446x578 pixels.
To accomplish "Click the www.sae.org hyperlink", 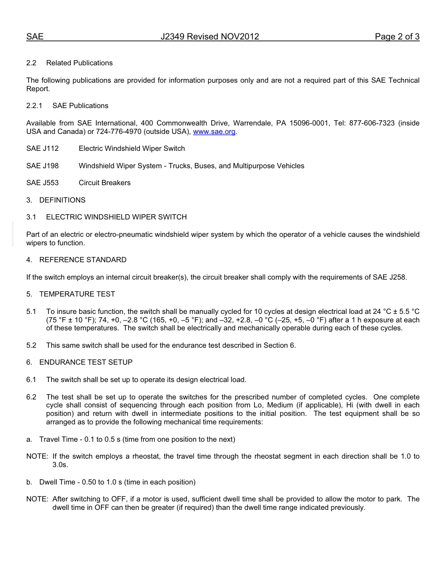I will [x=214, y=132].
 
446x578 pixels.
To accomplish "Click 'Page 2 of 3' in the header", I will [x=397, y=37].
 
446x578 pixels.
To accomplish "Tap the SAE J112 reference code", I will [x=43, y=148].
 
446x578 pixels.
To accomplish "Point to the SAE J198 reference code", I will [x=43, y=166].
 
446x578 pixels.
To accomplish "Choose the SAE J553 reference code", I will [x=43, y=183].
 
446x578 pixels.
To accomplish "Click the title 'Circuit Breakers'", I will [x=105, y=183].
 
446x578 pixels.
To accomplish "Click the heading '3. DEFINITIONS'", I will [x=56, y=200].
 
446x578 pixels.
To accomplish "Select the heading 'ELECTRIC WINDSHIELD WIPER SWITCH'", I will [x=116, y=217].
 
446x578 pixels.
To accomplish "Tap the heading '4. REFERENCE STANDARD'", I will [x=76, y=260].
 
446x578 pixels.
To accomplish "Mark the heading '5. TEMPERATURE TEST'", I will [x=70, y=294].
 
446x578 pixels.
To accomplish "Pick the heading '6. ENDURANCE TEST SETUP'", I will [x=79, y=362].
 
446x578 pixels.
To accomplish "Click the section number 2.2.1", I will [x=34, y=106].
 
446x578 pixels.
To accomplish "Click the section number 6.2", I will [x=31, y=397].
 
